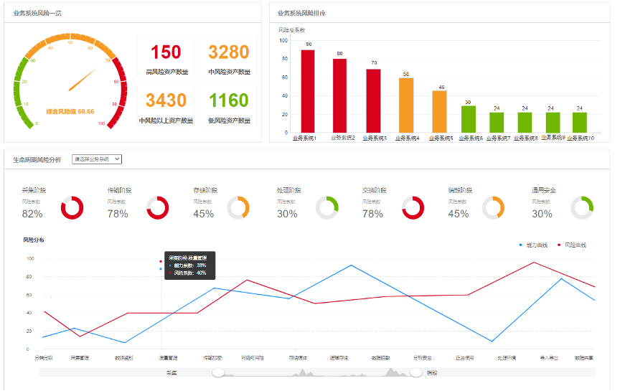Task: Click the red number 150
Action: pyautogui.click(x=166, y=52)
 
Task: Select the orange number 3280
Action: pyautogui.click(x=229, y=52)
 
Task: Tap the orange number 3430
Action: pyautogui.click(x=166, y=100)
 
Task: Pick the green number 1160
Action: pyautogui.click(x=229, y=100)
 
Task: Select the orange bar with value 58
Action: pyautogui.click(x=406, y=105)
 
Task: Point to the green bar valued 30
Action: pyautogui.click(x=468, y=119)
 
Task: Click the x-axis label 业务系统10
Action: pyautogui.click(x=581, y=138)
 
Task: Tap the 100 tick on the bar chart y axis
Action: pyautogui.click(x=283, y=41)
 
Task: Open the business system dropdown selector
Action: pyautogui.click(x=98, y=159)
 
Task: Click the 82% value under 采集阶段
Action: pyautogui.click(x=32, y=214)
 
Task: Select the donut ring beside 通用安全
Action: pyautogui.click(x=582, y=207)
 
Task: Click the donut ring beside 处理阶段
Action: pyautogui.click(x=327, y=207)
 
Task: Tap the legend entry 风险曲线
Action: pyautogui.click(x=572, y=245)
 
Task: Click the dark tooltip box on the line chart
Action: pyautogui.click(x=189, y=265)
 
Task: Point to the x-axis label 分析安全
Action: pyautogui.click(x=422, y=357)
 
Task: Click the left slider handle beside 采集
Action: pyautogui.click(x=219, y=372)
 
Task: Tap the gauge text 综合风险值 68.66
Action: pyautogui.click(x=70, y=111)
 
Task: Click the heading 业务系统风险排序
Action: pyautogui.click(x=301, y=13)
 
